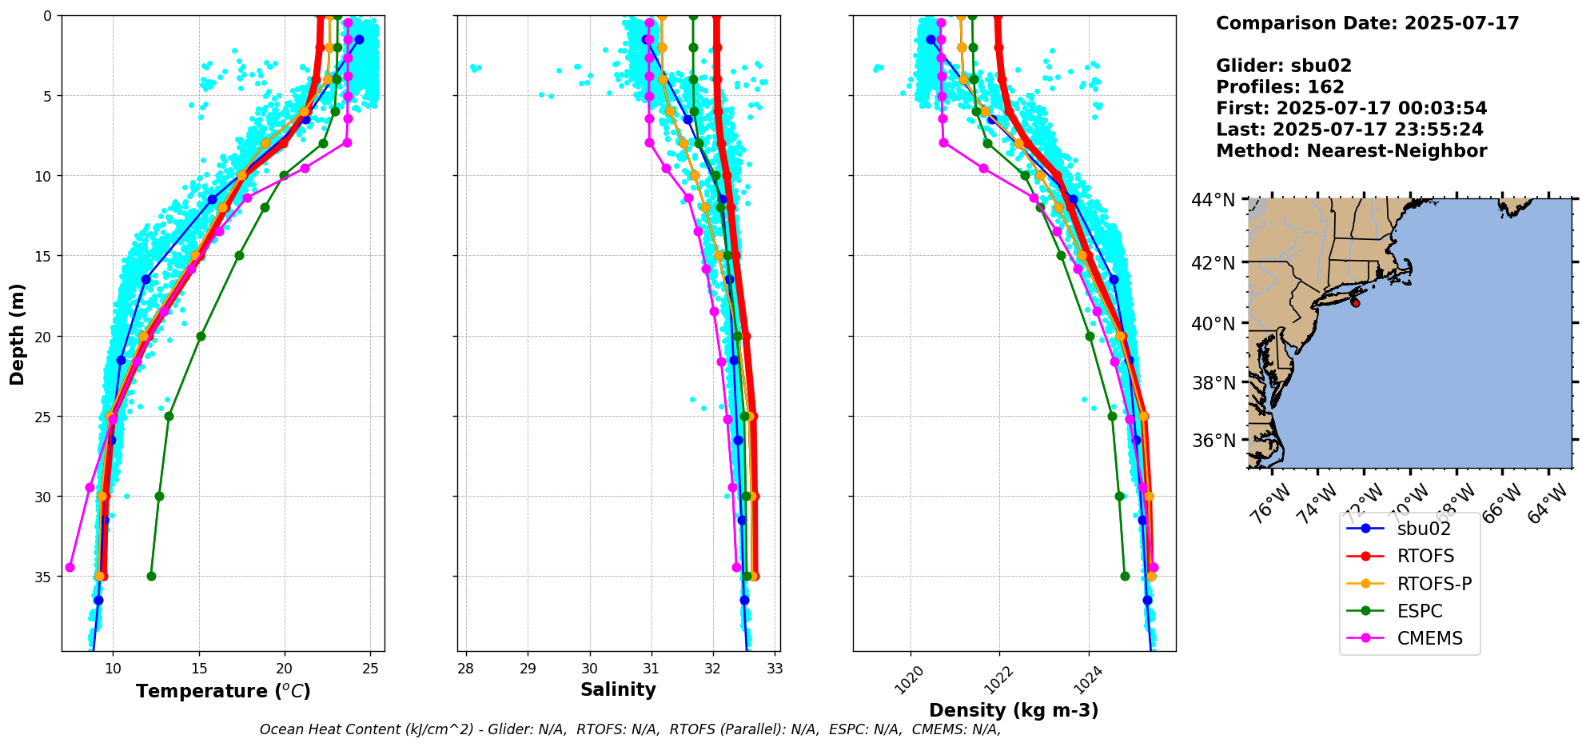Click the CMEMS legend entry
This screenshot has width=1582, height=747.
pyautogui.click(x=1429, y=638)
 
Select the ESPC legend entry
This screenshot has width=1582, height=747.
pyautogui.click(x=1420, y=611)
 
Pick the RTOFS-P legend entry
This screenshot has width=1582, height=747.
pyautogui.click(x=1434, y=584)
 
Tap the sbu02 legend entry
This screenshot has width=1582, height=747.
pyautogui.click(x=1424, y=529)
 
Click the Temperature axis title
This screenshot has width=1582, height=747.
pyautogui.click(x=223, y=691)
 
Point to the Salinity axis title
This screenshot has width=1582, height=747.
pyautogui.click(x=618, y=690)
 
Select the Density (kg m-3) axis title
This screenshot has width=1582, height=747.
pyautogui.click(x=1014, y=710)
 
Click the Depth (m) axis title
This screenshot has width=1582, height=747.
pyautogui.click(x=18, y=334)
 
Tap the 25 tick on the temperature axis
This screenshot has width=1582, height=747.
pyautogui.click(x=370, y=669)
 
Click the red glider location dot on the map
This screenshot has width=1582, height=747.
pyautogui.click(x=1355, y=302)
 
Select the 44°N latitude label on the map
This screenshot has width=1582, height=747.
pyautogui.click(x=1213, y=200)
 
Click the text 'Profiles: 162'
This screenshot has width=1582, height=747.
pyautogui.click(x=1280, y=87)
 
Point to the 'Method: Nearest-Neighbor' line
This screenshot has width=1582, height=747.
pyautogui.click(x=1351, y=151)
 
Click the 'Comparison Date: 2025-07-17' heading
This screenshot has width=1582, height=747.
pyautogui.click(x=1367, y=23)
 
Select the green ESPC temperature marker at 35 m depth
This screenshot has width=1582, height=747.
pyautogui.click(x=151, y=576)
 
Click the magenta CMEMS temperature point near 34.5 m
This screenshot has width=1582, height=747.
pyautogui.click(x=70, y=567)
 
